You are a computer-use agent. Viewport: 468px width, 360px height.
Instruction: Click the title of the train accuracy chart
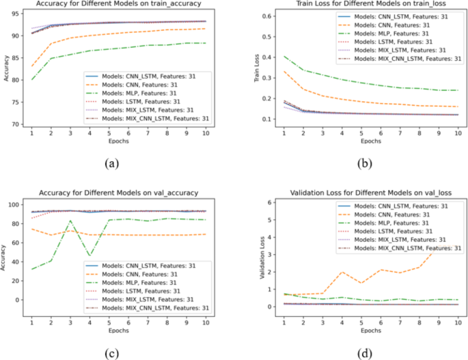pyautogui.click(x=118, y=5)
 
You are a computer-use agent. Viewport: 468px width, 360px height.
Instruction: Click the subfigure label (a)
pyautogui.click(x=113, y=163)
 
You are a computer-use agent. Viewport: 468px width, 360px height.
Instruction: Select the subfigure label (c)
pyautogui.click(x=113, y=352)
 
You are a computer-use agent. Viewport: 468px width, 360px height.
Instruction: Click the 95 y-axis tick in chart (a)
pyautogui.click(x=14, y=14)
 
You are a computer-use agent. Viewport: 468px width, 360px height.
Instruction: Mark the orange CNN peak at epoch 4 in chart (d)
pyautogui.click(x=342, y=272)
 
